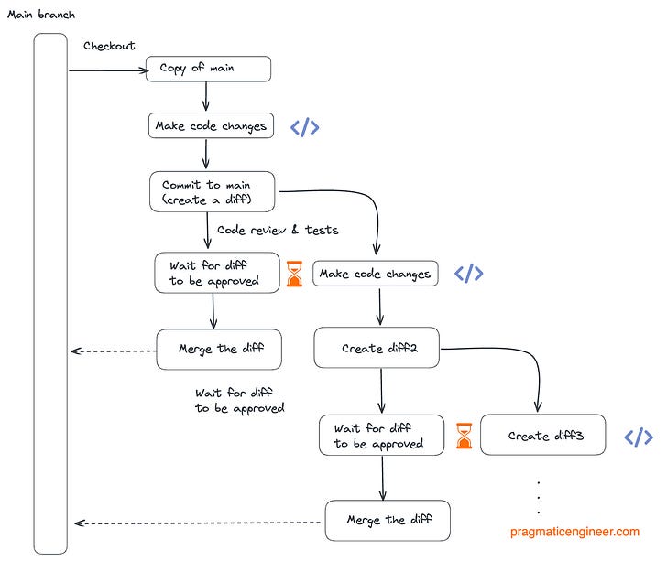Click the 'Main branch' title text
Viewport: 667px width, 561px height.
41,15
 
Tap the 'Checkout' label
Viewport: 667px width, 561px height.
109,46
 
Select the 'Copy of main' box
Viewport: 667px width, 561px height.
208,69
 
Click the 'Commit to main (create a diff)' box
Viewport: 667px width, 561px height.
213,191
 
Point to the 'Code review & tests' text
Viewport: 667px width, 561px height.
277,230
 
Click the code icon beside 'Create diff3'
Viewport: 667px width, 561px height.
639,437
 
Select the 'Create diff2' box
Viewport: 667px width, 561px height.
379,348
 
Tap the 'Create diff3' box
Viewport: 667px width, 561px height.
544,436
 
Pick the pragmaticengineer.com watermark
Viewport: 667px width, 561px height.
575,531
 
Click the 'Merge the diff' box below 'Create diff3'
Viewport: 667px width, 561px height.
388,520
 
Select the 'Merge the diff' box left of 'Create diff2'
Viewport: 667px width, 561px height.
218,349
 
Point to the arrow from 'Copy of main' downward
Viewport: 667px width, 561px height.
206,96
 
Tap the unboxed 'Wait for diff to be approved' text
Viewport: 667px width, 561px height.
239,400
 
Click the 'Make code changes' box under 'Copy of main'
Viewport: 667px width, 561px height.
212,126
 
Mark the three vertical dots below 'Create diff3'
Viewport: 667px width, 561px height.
538,497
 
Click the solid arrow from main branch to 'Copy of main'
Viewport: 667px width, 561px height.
105,70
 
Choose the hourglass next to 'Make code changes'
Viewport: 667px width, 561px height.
294,274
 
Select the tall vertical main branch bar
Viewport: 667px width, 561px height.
50,293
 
